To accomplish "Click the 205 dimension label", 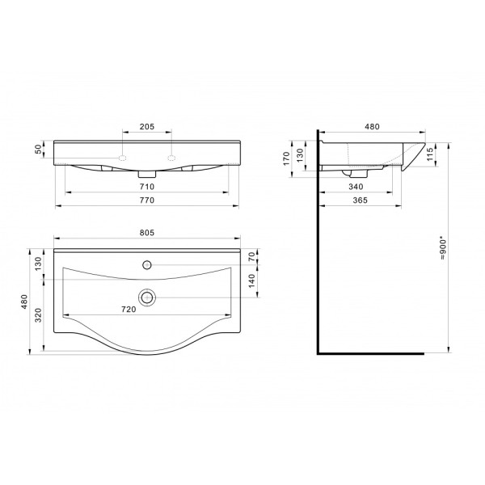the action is pos(147,127).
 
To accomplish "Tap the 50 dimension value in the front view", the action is pos(38,150).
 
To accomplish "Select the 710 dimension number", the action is pos(147,187).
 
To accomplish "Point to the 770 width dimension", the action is pos(147,200).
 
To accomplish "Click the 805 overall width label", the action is pos(147,233).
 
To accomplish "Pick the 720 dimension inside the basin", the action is pos(129,310).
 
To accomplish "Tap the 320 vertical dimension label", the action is pos(38,315).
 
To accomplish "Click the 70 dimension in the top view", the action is pos(252,256).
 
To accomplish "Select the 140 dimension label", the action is pos(252,280).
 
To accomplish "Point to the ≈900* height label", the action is pos(443,248).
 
